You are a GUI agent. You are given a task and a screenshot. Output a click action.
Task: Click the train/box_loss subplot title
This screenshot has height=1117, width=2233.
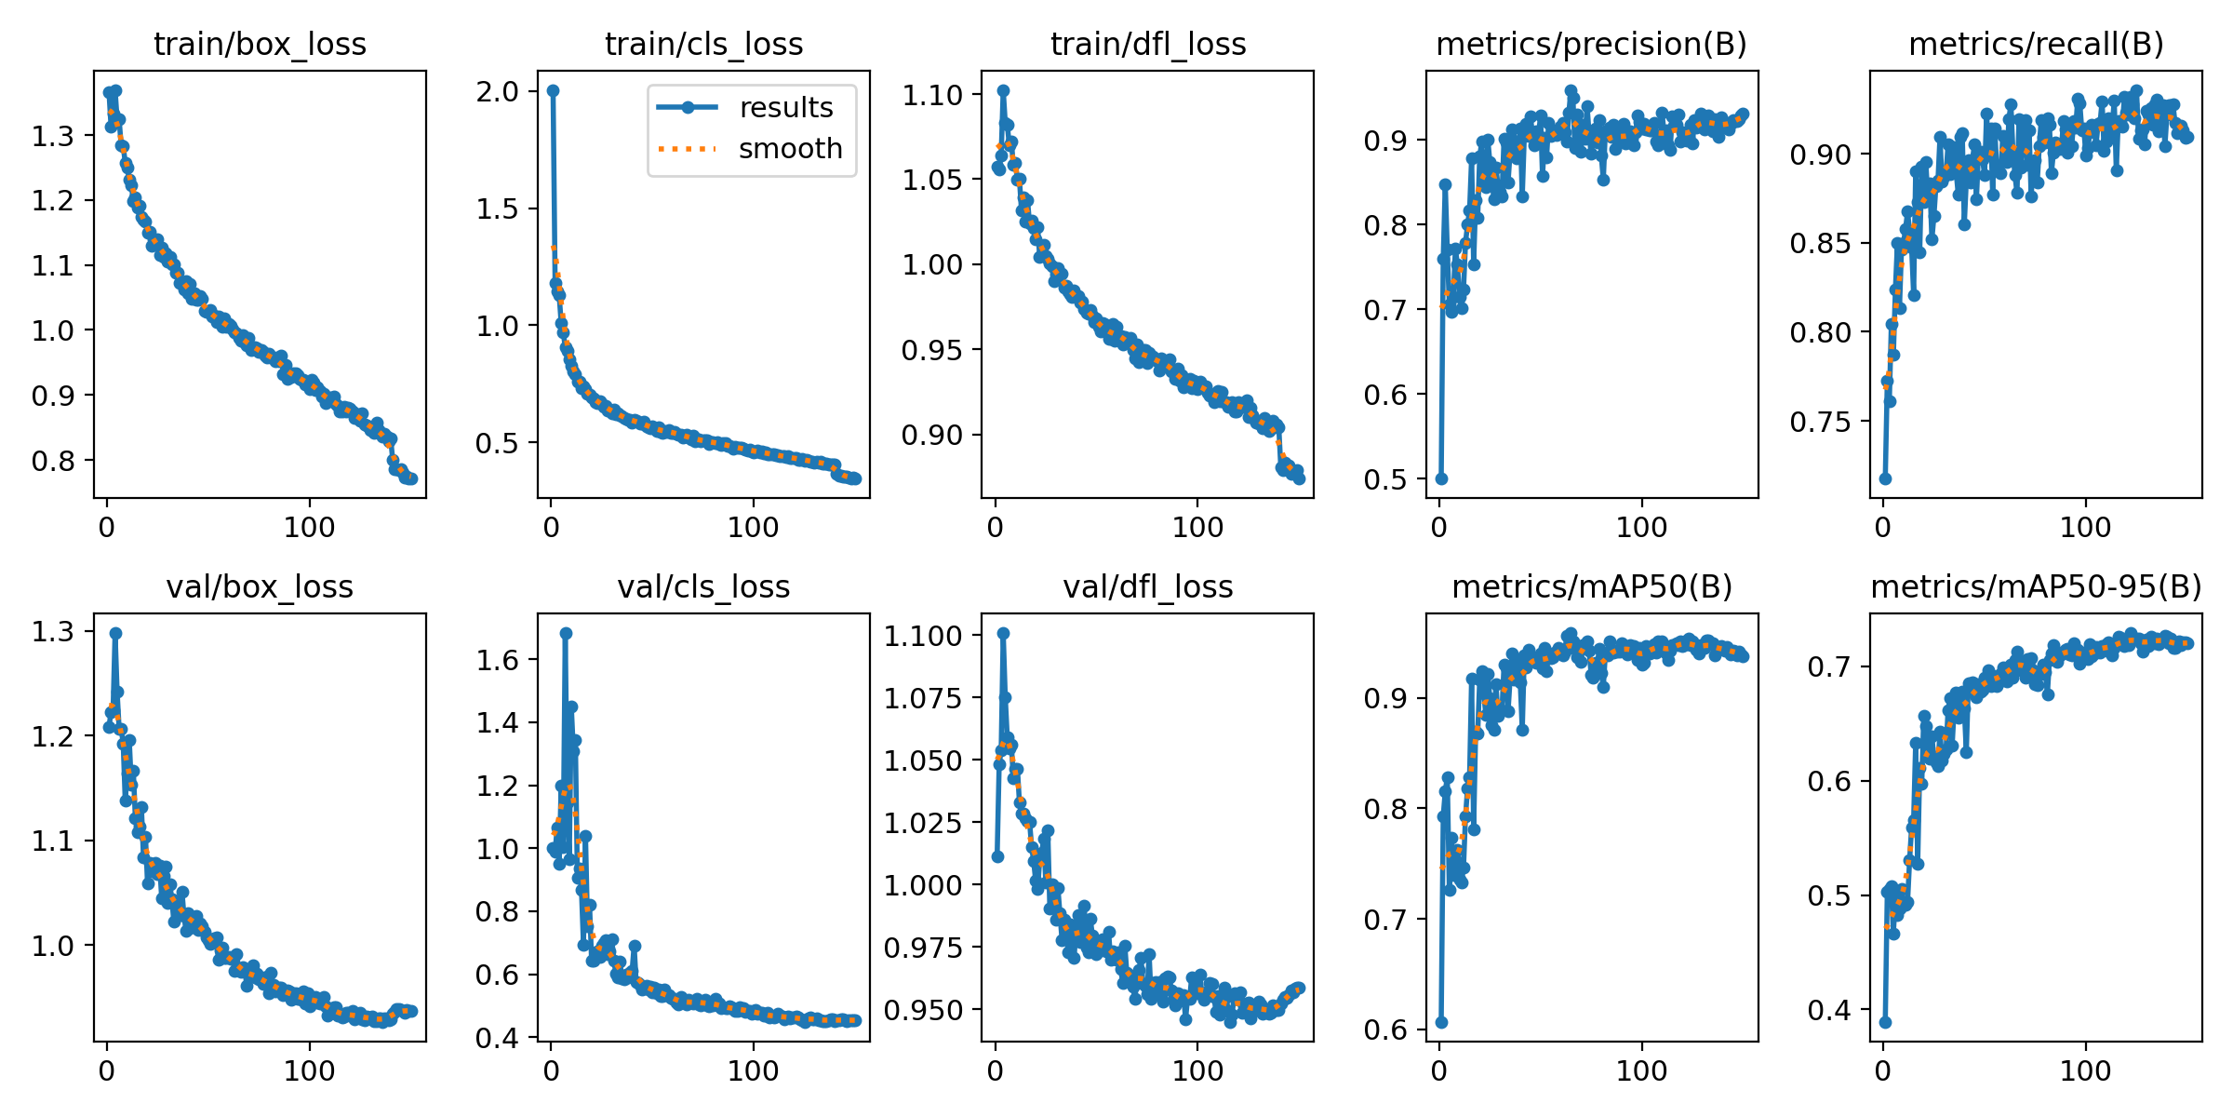260,44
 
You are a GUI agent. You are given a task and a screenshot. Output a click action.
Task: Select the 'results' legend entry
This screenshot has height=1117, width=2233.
785,108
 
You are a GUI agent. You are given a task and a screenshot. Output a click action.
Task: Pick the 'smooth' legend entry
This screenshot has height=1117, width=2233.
789,149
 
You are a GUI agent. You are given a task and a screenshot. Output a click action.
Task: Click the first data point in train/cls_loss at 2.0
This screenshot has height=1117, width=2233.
553,90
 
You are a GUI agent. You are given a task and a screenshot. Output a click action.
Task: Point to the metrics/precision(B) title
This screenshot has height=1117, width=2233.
1591,44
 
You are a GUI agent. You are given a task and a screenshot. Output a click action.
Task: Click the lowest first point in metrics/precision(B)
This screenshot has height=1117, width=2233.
1441,478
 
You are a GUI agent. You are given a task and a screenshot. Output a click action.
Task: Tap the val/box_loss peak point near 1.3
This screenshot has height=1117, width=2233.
115,633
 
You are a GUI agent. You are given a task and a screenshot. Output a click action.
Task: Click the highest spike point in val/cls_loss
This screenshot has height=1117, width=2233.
566,633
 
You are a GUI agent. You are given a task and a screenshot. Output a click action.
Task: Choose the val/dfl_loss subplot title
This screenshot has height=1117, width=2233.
1147,586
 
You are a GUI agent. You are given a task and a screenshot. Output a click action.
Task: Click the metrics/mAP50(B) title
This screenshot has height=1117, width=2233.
1591,586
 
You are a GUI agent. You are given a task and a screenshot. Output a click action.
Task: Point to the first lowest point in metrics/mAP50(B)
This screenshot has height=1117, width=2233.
1441,1022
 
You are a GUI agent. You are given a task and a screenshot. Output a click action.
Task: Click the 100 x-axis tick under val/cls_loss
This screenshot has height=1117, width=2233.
753,1070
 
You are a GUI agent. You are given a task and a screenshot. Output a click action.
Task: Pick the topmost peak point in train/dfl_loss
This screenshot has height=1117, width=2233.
1003,90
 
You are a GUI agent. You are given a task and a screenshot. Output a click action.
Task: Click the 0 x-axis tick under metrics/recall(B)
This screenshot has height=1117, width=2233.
1883,528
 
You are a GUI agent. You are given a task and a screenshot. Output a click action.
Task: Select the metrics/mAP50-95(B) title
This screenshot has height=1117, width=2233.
2036,586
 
